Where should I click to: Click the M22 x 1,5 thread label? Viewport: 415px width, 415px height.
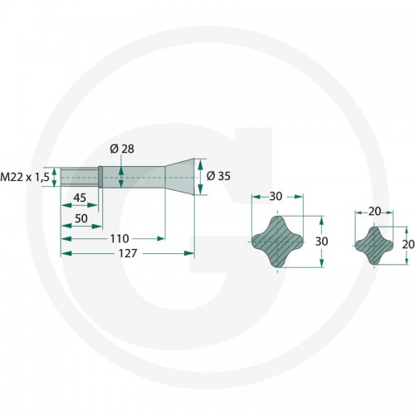(25, 177)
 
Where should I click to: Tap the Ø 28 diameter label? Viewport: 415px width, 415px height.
(122, 149)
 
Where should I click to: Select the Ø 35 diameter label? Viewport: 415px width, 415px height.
(218, 176)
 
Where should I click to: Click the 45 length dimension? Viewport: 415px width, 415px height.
(80, 198)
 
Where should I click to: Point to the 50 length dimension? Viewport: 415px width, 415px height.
(81, 218)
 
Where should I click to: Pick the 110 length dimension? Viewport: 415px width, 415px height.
(120, 238)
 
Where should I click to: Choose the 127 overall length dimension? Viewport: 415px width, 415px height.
(128, 253)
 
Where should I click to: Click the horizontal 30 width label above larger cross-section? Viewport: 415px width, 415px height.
(276, 196)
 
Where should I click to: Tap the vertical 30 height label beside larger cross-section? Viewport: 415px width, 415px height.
(322, 242)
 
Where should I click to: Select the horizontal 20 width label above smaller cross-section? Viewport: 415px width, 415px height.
(375, 212)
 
